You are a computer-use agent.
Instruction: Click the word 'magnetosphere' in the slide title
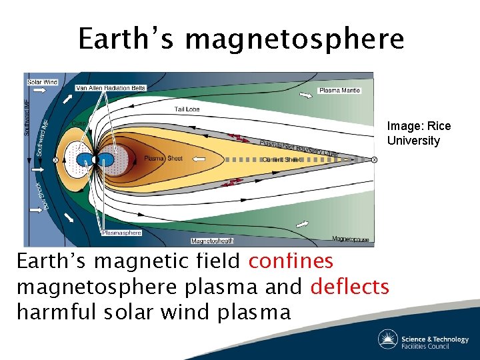(x=294, y=39)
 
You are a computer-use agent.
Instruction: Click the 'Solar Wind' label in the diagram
(x=43, y=82)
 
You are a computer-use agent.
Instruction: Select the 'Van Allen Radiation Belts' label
(x=111, y=88)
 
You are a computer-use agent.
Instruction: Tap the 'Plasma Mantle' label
(x=339, y=90)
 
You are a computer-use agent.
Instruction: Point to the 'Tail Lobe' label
(x=187, y=109)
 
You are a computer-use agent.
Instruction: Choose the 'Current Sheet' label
(x=282, y=160)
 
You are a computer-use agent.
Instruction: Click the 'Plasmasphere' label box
(x=121, y=233)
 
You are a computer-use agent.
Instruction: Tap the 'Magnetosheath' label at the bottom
(x=212, y=241)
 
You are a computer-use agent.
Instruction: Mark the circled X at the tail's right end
(x=374, y=160)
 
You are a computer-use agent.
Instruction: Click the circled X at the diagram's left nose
(x=55, y=160)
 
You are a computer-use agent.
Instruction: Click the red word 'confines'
(x=291, y=261)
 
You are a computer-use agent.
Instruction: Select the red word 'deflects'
(x=349, y=287)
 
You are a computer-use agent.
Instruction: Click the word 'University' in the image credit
(x=413, y=141)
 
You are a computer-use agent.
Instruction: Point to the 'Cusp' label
(x=78, y=123)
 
